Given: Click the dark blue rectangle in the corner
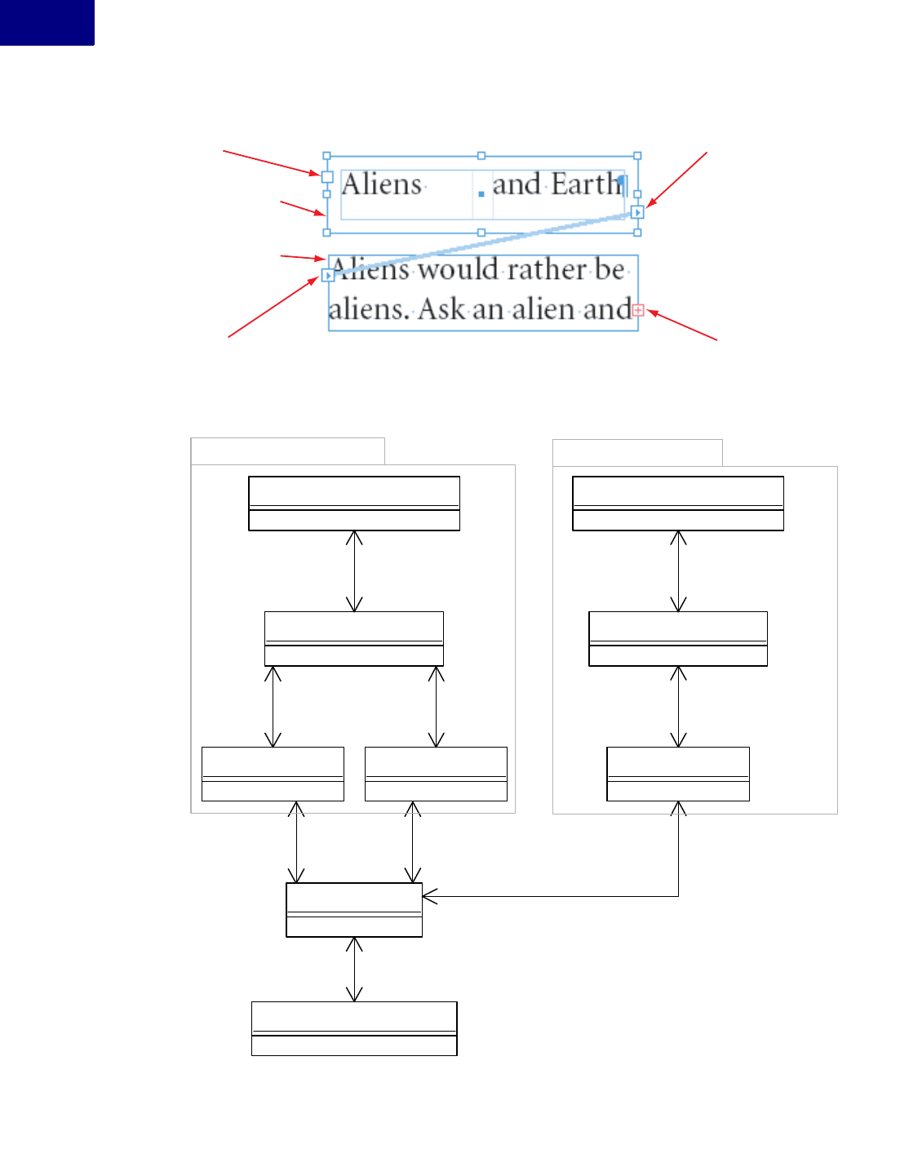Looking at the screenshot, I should click(x=47, y=22).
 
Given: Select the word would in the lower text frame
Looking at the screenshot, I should click(x=458, y=269).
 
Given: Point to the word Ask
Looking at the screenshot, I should click(x=441, y=309).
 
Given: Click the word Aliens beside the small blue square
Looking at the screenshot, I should click(x=382, y=184).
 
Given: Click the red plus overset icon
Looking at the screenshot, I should click(x=638, y=310).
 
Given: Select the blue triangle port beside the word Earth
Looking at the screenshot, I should click(x=638, y=212).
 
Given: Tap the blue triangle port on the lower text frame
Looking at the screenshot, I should click(x=328, y=276).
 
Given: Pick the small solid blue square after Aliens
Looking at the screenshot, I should click(x=481, y=193).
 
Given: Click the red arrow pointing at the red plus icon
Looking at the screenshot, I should click(x=683, y=325).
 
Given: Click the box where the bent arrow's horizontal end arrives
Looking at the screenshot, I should click(x=354, y=909).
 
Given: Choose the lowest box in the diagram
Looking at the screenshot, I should click(x=354, y=1028).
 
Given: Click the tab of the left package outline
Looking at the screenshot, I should click(x=287, y=451).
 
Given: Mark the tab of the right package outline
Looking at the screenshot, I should click(x=637, y=452).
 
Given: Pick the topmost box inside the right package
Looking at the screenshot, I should click(x=678, y=503).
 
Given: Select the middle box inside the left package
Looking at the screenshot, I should click(x=354, y=638).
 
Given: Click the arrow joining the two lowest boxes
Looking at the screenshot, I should click(x=354, y=969).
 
